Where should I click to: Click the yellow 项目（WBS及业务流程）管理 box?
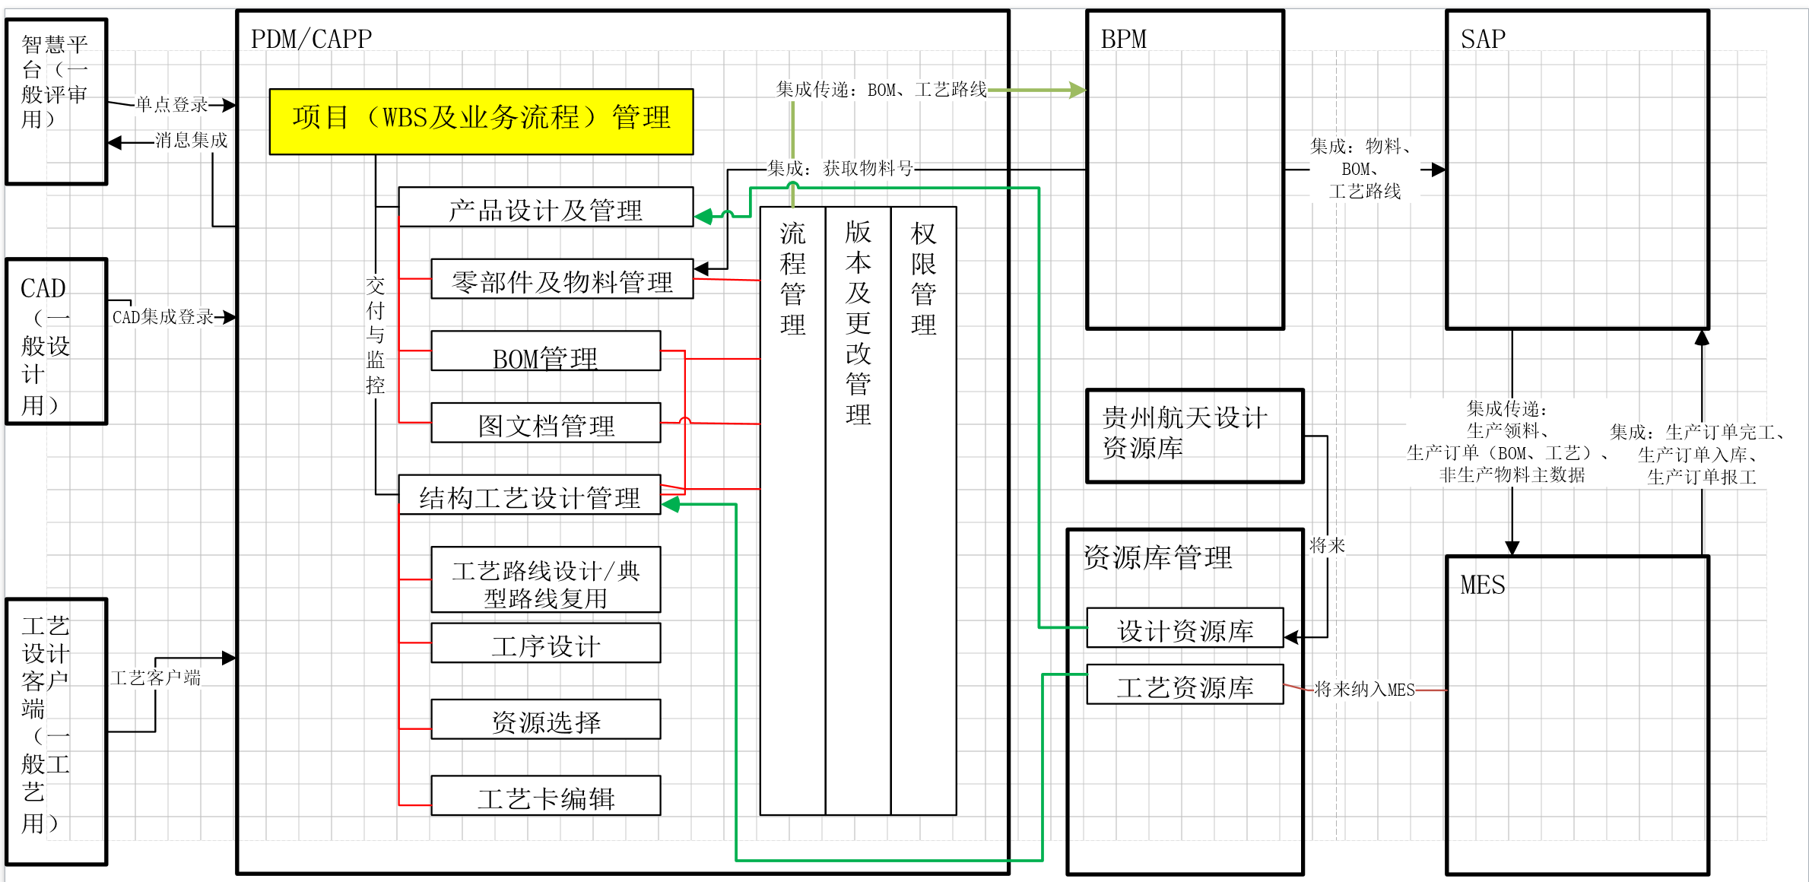[x=481, y=122]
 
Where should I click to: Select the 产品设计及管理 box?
[x=545, y=207]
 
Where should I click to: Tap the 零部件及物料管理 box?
[x=561, y=279]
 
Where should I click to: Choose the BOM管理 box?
[x=545, y=351]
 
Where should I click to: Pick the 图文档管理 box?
[x=545, y=423]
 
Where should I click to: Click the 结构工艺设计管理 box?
[x=529, y=495]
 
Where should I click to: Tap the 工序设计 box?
[x=545, y=643]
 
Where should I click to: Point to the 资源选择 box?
[x=545, y=719]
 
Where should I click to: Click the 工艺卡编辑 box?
[x=545, y=795]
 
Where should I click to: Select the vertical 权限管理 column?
[x=923, y=509]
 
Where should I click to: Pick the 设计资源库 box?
[x=1185, y=628]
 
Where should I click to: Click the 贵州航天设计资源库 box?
[x=1194, y=436]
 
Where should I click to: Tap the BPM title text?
[x=1123, y=40]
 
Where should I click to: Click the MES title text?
[x=1482, y=585]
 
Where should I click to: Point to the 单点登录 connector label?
[x=172, y=104]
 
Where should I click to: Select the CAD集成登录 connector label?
[x=163, y=317]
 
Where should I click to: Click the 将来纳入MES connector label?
[x=1364, y=690]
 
